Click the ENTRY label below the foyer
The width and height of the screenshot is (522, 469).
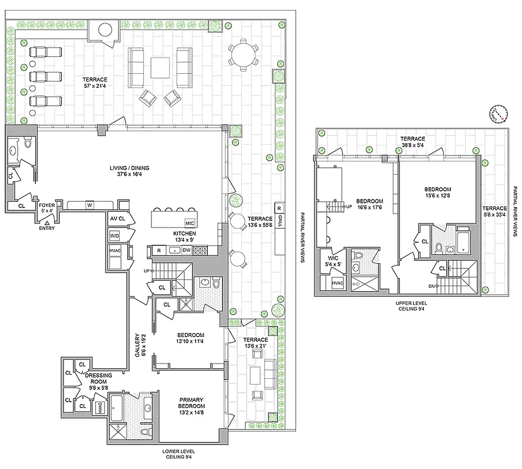[x=47, y=229]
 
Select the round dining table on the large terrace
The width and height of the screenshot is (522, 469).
[x=243, y=55]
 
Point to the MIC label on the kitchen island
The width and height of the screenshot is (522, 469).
[x=190, y=223]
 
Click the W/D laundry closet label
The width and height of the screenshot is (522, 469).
[x=114, y=236]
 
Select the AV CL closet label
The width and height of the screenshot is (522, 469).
[x=117, y=219]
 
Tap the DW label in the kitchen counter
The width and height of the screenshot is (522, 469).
[x=186, y=250]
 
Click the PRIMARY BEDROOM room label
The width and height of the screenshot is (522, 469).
[x=193, y=402]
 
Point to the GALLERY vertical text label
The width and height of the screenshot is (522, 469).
[x=137, y=351]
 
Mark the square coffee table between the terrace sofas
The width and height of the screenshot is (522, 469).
[x=160, y=67]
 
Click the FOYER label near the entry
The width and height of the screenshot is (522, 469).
[x=47, y=206]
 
